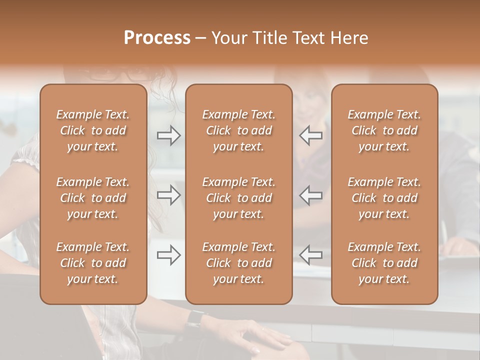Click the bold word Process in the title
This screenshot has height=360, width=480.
[157, 38]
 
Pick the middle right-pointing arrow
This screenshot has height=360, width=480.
[168, 195]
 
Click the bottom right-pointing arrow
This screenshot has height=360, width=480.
[168, 255]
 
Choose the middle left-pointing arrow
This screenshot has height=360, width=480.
[311, 195]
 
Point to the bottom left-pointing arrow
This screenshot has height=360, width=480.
[311, 255]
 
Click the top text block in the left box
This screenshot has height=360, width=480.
[93, 130]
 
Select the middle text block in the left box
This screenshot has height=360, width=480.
[93, 198]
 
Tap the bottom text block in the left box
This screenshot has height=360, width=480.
[93, 263]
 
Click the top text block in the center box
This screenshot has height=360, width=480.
[238, 130]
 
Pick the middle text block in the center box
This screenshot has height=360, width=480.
[238, 198]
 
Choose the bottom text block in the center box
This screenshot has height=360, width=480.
[238, 263]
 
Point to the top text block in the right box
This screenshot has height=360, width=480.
[384, 130]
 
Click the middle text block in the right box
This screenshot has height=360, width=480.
[384, 198]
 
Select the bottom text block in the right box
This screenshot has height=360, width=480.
[384, 263]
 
